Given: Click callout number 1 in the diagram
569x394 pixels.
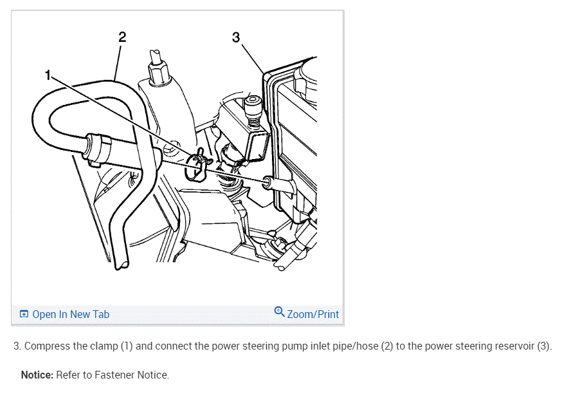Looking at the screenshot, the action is coord(48,75).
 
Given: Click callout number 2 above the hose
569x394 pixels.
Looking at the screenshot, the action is coord(122,37).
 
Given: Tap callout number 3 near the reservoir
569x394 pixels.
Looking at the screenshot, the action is coord(235,37).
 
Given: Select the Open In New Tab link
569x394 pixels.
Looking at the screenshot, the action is coord(71,314).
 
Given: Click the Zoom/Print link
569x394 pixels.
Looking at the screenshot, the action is coord(312,314).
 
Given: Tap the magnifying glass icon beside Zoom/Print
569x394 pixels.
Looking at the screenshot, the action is coord(279,312).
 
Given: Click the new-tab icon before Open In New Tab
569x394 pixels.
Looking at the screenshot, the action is coord(24,314).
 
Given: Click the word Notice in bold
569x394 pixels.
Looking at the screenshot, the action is coord(37,375).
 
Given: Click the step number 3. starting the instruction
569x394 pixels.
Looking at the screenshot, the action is coord(17,346).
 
